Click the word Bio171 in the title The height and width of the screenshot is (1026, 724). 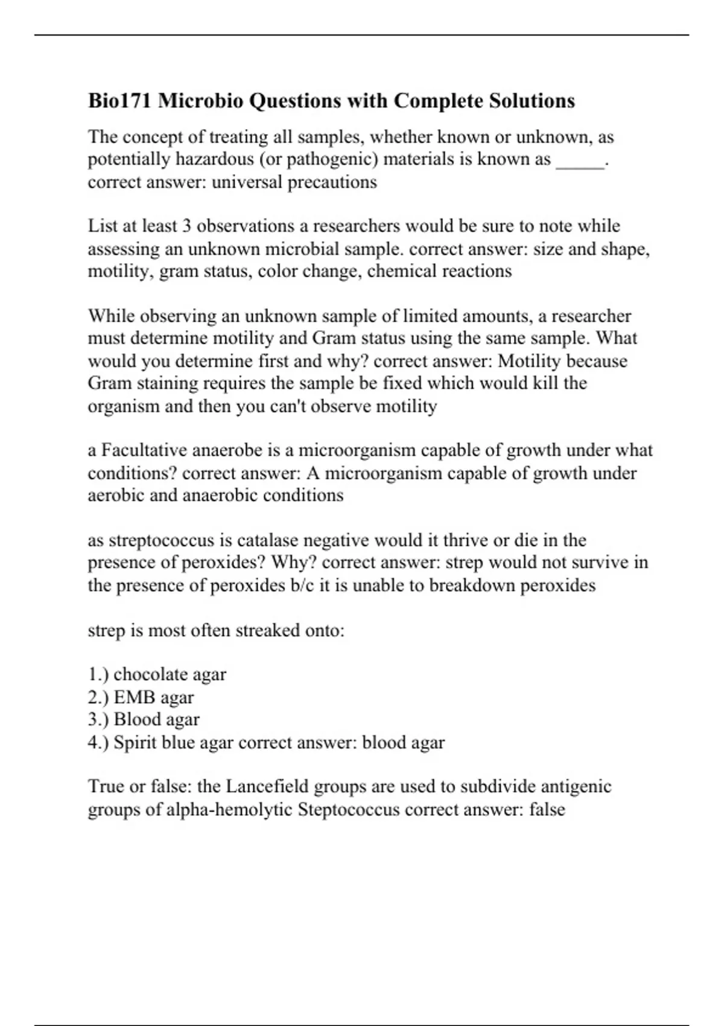click(120, 100)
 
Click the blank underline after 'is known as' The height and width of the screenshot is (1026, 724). click(580, 161)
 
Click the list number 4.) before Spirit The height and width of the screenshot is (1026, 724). click(98, 742)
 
